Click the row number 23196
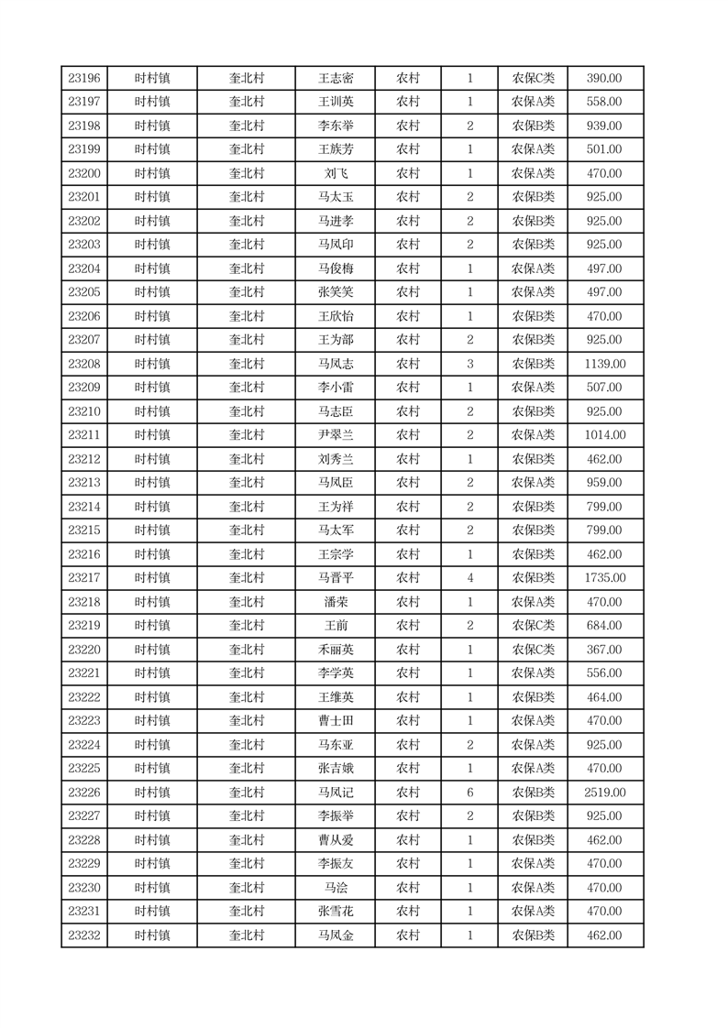[x=84, y=79]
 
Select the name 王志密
[x=336, y=79]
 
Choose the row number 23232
[x=84, y=935]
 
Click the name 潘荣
[x=336, y=602]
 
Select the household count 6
[x=470, y=793]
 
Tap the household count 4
[x=470, y=578]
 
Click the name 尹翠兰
[x=336, y=435]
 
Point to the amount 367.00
[x=604, y=650]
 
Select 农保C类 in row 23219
[x=533, y=626]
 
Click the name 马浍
[x=336, y=888]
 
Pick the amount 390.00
[x=604, y=79]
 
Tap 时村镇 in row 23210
[x=152, y=411]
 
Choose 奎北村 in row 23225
[x=246, y=769]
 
